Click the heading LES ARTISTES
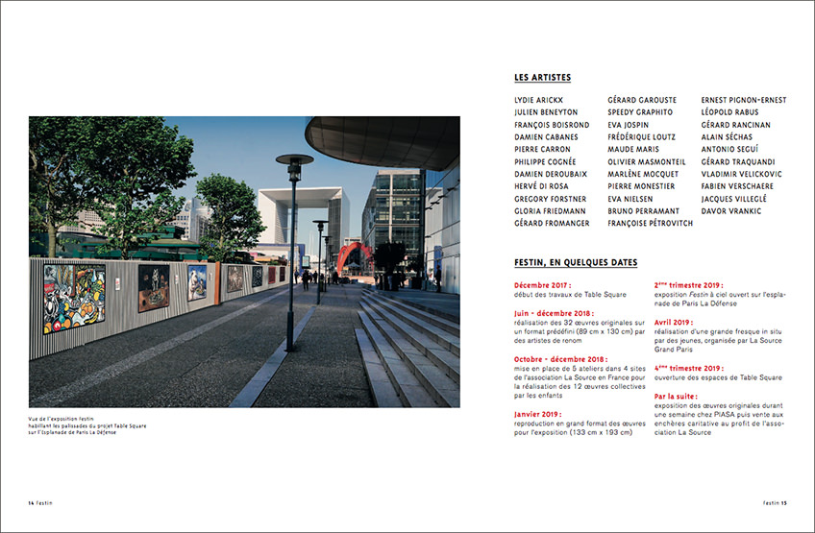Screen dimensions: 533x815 (x=543, y=78)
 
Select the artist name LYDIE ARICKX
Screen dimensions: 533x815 (x=539, y=100)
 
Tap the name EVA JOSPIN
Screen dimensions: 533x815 (x=629, y=125)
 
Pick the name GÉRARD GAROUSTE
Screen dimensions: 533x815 (x=642, y=100)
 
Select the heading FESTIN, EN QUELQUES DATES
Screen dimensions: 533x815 (x=576, y=263)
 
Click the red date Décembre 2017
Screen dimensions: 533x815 (x=543, y=285)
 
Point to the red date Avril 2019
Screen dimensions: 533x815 (x=676, y=322)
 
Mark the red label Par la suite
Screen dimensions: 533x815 (x=677, y=396)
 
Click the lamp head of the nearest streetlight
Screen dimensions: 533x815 (x=294, y=160)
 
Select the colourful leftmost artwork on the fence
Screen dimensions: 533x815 (x=74, y=298)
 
